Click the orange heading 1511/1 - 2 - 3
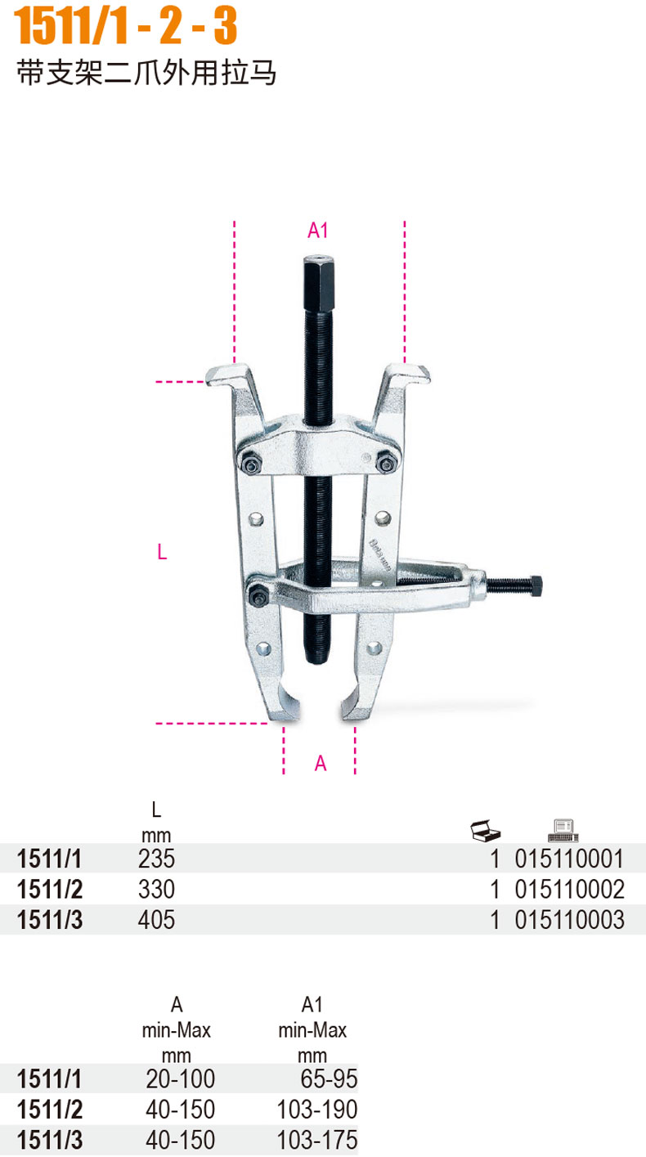tap(125, 25)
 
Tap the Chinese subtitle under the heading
tap(146, 73)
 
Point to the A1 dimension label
tap(317, 231)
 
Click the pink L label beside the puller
tap(162, 552)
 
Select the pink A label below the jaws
tap(321, 763)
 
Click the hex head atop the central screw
tap(319, 283)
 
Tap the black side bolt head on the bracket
tap(536, 585)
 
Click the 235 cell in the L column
tap(156, 859)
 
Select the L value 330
tap(156, 889)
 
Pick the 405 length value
tap(156, 919)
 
